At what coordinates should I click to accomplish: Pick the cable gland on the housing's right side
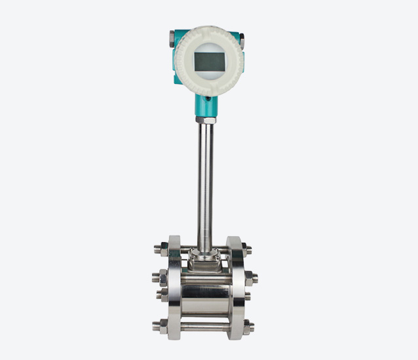point(240,41)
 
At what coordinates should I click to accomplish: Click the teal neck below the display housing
point(206,105)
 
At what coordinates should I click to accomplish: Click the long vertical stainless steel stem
point(206,184)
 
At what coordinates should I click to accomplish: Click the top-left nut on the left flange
point(159,249)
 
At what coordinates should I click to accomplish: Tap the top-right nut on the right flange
point(248,249)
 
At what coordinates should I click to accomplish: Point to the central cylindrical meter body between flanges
point(205,295)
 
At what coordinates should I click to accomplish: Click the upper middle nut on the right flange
point(253,278)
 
